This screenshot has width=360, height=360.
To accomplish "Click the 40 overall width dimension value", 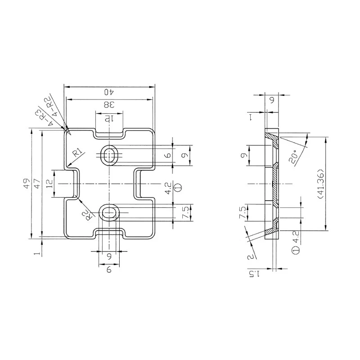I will [x=108, y=92].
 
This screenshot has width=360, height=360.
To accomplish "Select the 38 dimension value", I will [x=108, y=104].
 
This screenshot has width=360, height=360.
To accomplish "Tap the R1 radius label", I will [x=77, y=152].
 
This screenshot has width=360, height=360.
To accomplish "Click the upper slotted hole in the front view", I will [x=109, y=156].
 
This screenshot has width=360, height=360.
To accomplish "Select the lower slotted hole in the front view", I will [x=109, y=212].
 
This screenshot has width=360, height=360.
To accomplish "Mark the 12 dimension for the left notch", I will [x=49, y=184].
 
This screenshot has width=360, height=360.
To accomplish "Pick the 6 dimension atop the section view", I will [x=272, y=101].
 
